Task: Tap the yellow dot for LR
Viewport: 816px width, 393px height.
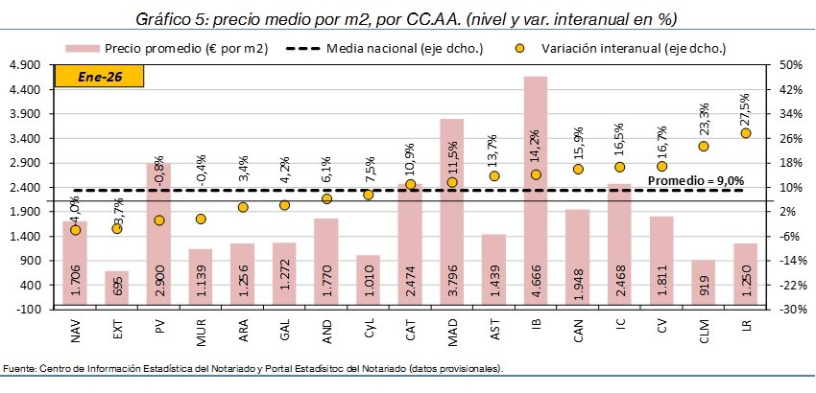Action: click(x=746, y=133)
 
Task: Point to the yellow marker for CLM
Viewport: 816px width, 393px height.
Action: click(x=704, y=147)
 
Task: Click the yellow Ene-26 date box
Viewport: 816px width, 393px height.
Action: click(x=90, y=77)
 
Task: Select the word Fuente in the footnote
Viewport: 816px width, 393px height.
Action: click(x=17, y=368)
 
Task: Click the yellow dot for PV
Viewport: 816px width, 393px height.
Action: click(x=158, y=220)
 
